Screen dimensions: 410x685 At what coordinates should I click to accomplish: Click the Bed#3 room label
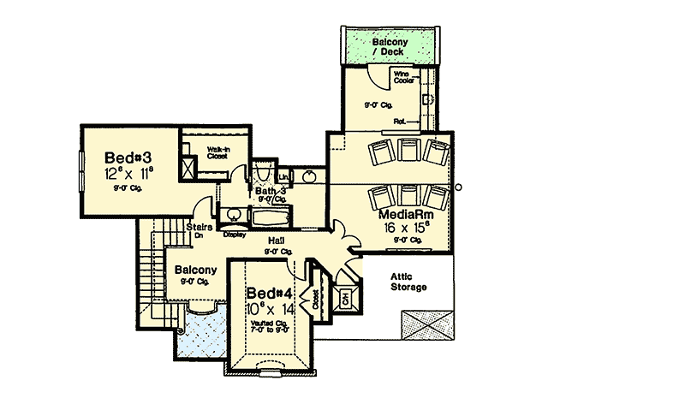[129, 158]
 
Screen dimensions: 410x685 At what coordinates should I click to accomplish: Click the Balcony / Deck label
[390, 46]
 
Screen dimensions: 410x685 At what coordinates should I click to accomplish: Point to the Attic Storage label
[408, 282]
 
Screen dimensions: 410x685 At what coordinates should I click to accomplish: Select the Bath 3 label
[270, 190]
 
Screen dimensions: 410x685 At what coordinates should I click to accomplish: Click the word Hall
[276, 241]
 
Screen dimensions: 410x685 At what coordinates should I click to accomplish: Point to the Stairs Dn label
[199, 230]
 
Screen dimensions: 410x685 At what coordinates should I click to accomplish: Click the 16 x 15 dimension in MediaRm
[402, 229]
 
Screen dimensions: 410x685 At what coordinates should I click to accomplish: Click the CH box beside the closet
[345, 299]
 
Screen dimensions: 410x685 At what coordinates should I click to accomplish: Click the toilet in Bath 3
[263, 174]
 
